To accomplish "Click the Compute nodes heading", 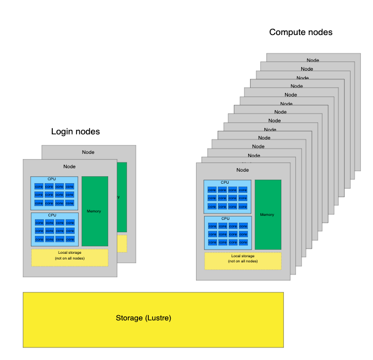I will (301, 33).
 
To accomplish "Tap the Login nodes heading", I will (75, 131).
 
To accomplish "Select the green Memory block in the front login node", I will (94, 211).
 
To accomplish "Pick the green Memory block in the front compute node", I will (267, 215).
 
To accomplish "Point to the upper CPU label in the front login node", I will (52, 179).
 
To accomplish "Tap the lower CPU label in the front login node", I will (52, 215).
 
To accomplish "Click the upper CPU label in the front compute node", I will (225, 183).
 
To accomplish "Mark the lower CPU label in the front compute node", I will (225, 218).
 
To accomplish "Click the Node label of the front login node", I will (70, 167).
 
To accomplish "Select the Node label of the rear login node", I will (88, 152).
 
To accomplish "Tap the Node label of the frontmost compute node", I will (243, 170).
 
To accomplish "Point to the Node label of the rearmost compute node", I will (313, 60).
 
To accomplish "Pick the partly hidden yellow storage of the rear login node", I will (122, 243).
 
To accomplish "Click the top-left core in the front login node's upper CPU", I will (39, 187).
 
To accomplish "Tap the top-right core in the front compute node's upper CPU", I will (243, 190).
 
